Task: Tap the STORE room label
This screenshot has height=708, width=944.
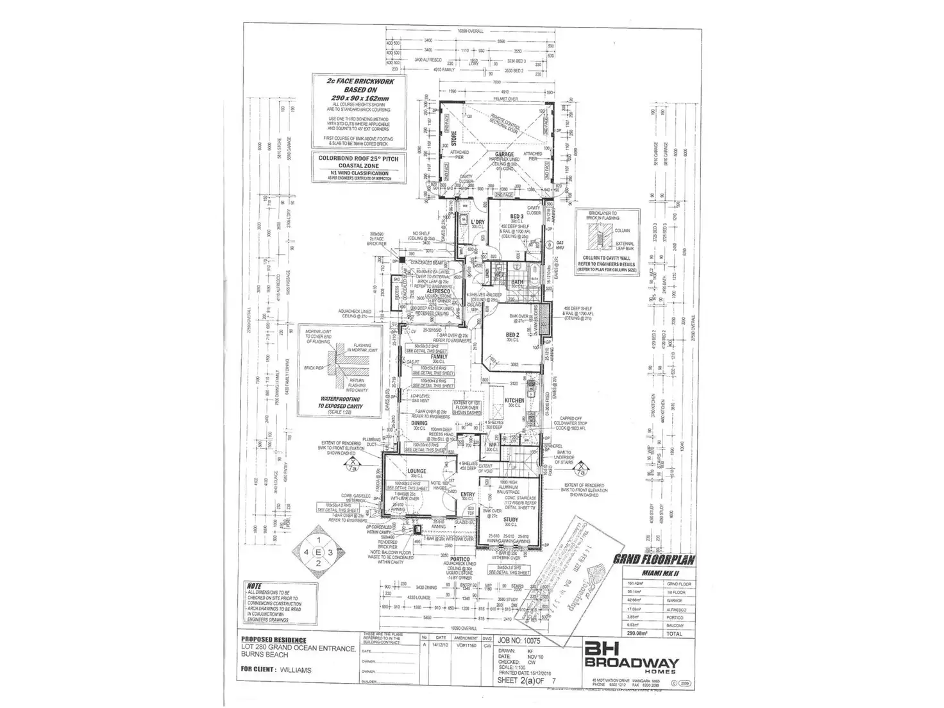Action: (453, 139)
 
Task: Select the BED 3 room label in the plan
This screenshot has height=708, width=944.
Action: (517, 216)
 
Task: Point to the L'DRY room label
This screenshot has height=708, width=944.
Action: (477, 222)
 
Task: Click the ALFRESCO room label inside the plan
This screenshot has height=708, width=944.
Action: (437, 291)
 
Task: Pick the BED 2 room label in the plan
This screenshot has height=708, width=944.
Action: (512, 335)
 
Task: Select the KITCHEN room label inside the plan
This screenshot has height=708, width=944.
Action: (514, 400)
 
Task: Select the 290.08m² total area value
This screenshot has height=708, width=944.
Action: (637, 633)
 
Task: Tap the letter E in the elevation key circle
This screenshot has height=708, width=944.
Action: (318, 551)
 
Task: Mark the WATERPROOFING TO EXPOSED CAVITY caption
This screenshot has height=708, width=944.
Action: (341, 402)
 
